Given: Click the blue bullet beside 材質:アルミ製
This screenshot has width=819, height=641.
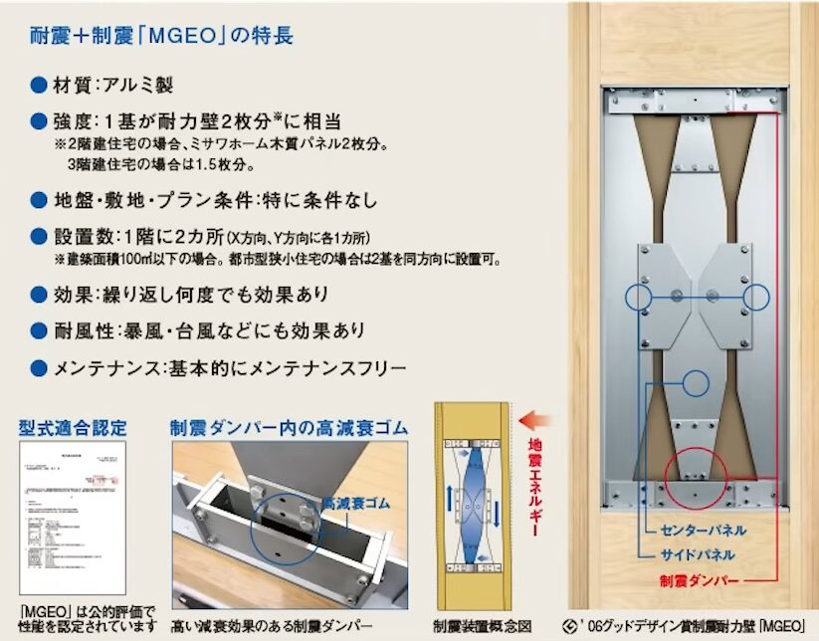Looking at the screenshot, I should [x=39, y=86].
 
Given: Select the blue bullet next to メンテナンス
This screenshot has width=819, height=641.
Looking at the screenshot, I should [x=39, y=368].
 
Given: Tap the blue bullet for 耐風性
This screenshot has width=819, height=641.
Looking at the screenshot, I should [x=39, y=330].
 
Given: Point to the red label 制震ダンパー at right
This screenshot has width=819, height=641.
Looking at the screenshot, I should [x=703, y=579].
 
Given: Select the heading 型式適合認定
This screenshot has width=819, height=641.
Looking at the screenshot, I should [x=74, y=429].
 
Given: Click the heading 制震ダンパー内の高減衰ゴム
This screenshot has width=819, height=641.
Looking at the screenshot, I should [x=290, y=429].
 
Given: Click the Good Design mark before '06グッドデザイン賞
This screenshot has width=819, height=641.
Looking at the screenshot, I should [x=571, y=626].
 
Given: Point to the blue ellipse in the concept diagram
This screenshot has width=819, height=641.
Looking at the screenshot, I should [x=472, y=493].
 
